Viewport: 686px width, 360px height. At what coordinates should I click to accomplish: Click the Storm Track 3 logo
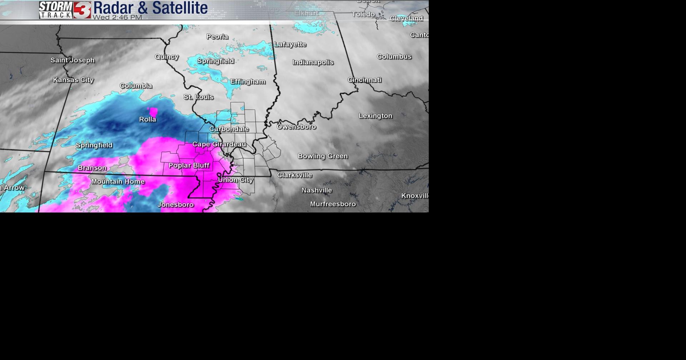[65, 10]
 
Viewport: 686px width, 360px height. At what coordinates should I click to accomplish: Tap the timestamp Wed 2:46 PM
[117, 17]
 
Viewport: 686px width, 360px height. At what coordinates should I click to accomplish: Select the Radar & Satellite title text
[150, 8]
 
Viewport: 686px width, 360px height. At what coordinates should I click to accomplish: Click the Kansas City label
[73, 80]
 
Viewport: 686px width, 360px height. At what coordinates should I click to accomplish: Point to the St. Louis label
[199, 97]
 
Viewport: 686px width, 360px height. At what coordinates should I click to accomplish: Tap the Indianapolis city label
[313, 62]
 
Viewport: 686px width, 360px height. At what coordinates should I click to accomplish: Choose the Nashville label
[317, 190]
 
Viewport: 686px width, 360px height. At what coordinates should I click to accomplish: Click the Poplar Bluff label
[189, 165]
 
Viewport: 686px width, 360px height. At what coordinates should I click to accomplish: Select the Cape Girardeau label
[219, 144]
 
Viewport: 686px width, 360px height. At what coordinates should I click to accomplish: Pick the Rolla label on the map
[148, 119]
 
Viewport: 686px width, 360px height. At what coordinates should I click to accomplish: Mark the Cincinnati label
[364, 80]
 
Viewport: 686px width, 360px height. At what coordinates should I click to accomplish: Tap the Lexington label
[376, 116]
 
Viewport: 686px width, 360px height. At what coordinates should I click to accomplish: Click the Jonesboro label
[176, 205]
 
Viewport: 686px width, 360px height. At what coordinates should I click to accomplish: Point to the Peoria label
[217, 37]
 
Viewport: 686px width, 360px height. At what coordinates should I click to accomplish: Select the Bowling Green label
[323, 156]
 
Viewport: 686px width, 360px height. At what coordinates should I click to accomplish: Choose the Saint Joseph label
[73, 60]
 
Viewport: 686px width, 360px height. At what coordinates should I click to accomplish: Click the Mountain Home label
[118, 182]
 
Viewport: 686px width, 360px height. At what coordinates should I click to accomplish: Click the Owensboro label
[296, 127]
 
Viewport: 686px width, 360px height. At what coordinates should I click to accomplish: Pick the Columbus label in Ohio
[394, 57]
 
